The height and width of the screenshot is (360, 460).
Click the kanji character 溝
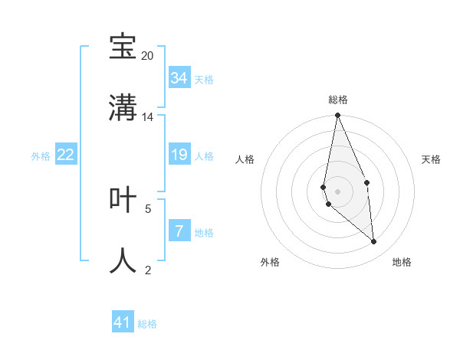pos(123,107)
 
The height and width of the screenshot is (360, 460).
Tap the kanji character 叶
pos(123,199)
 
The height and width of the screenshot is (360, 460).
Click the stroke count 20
pos(147,56)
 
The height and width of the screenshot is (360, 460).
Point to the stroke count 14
pos(147,116)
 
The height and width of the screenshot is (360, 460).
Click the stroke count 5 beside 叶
pos(148,208)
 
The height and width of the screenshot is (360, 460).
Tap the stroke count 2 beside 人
pos(148,270)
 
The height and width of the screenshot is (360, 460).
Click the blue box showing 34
pos(179,77)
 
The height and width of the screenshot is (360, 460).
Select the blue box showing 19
pos(179,155)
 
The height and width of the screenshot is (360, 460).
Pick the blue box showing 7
pos(179,231)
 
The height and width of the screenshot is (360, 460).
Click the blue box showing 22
pos(66,155)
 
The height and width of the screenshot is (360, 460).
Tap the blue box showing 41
pos(123,322)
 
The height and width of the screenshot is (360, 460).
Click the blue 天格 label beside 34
pos(204,79)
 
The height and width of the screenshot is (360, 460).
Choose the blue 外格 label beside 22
pos(41,156)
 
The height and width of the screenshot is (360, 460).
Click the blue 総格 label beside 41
pos(147,324)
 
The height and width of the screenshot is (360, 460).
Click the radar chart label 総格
pos(338,100)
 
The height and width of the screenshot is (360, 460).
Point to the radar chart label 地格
pos(402,262)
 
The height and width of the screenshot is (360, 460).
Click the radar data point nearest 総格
pos(338,116)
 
